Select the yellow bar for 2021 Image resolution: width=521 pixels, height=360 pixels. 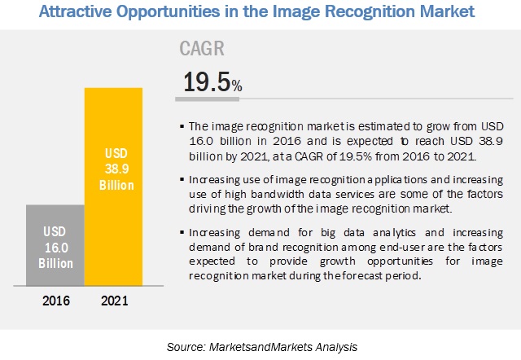coord(114,187)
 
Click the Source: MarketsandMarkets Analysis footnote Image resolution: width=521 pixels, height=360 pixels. coord(260,347)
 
